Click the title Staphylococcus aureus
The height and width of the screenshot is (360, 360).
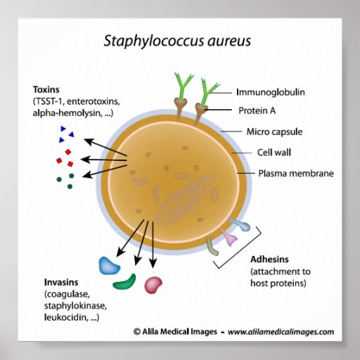click(177, 41)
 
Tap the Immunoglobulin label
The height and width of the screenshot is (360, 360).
click(271, 92)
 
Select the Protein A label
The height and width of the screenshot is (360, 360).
click(257, 110)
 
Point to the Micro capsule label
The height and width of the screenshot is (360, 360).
click(274, 131)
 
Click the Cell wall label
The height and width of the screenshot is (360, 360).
click(274, 153)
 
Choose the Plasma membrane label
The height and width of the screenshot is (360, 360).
click(296, 174)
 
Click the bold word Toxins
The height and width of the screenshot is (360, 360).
click(46, 89)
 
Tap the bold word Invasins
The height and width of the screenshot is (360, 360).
click(61, 282)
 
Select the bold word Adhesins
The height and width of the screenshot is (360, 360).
click(269, 259)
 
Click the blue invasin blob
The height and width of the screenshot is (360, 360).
click(108, 266)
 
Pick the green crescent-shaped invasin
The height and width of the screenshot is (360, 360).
click(125, 282)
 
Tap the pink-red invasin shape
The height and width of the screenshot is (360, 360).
click(153, 285)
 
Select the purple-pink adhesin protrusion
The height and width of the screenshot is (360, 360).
click(229, 238)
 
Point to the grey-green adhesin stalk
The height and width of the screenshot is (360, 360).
click(212, 246)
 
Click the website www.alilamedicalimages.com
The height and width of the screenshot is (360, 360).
click(281, 332)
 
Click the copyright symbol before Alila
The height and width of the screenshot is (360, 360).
click(137, 332)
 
